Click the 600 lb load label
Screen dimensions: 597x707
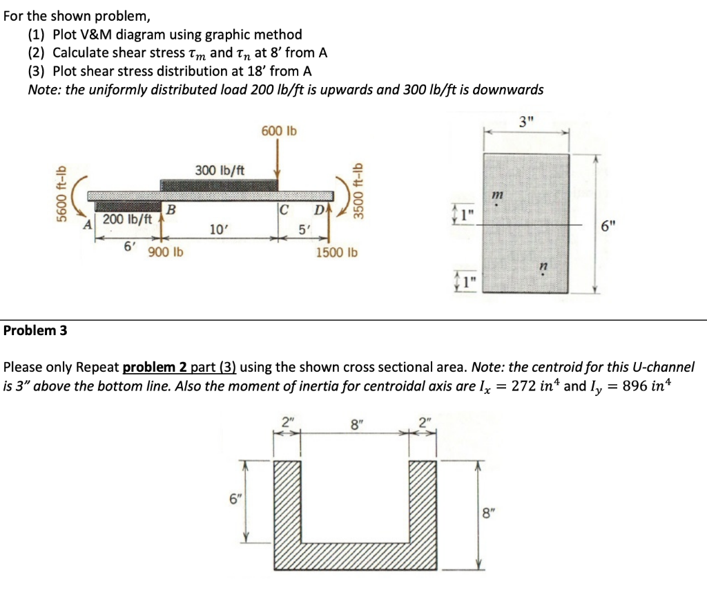tap(278, 131)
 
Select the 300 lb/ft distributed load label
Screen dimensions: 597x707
tap(214, 170)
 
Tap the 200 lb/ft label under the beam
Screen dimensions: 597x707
tap(127, 218)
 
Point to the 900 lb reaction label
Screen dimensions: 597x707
tap(166, 252)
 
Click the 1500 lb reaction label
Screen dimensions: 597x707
tap(337, 252)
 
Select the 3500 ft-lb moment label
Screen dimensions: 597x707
tap(357, 190)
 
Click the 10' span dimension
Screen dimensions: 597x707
tap(216, 228)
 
